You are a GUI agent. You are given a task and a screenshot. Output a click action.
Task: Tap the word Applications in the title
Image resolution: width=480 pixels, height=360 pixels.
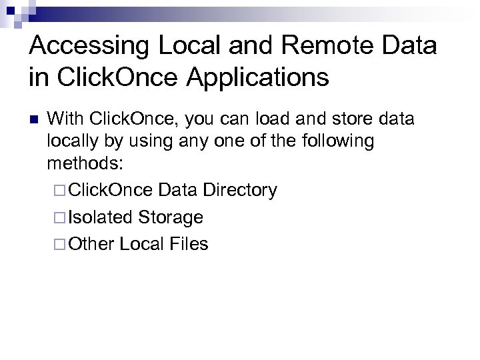tap(247, 77)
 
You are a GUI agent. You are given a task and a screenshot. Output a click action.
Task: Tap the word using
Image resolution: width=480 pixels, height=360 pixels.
tap(149, 141)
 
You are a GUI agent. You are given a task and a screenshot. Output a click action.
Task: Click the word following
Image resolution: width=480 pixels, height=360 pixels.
tap(337, 141)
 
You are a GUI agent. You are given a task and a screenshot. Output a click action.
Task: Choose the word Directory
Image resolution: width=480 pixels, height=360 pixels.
tap(240, 190)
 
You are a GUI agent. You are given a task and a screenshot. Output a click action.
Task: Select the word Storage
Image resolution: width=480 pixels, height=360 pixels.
tap(171, 217)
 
